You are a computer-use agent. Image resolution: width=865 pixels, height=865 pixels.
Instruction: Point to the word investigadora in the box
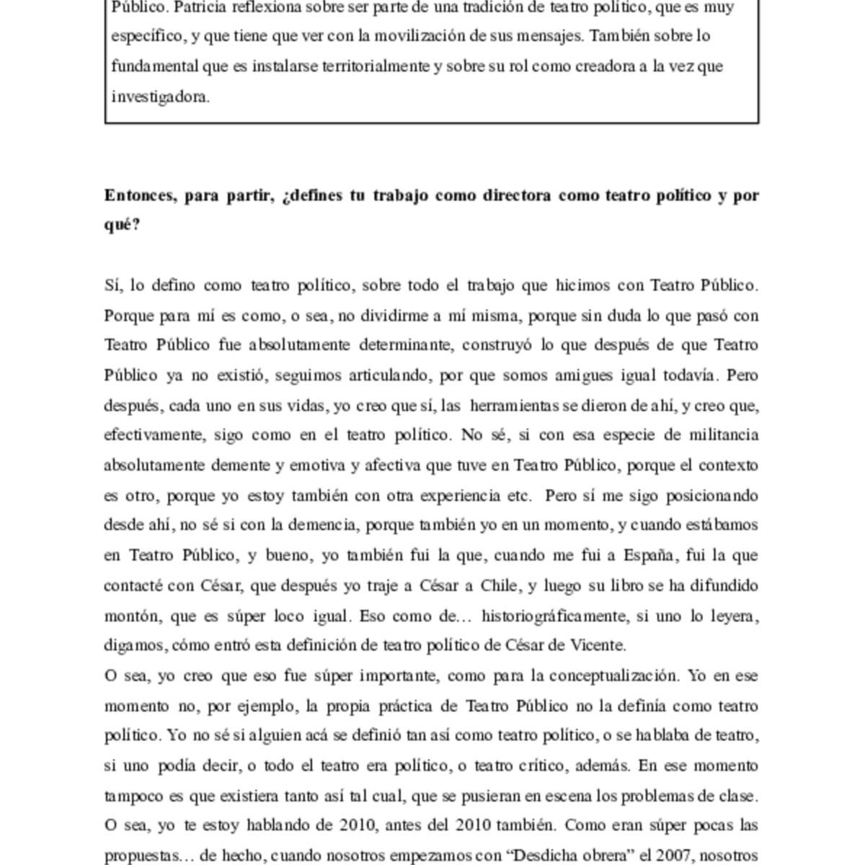[160, 97]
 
